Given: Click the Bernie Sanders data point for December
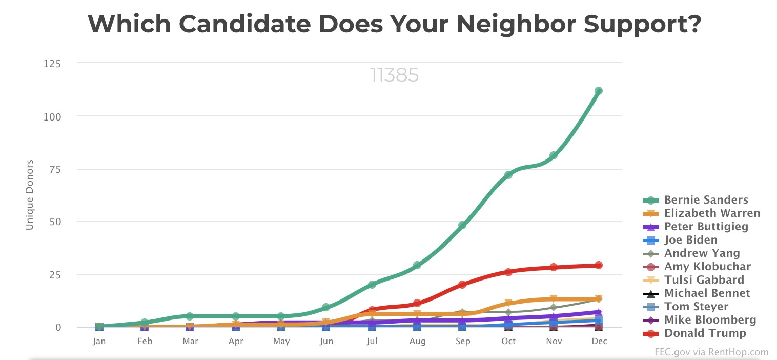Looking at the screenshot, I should tap(598, 91).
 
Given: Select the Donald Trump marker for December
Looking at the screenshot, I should tap(598, 265).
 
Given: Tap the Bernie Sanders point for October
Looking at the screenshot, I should tap(508, 175).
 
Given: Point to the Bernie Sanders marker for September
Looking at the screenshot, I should tap(462, 225).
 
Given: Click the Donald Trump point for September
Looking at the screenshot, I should tap(462, 284).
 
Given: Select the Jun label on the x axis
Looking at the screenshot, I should tap(326, 341).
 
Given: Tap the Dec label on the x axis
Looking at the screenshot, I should tap(598, 341).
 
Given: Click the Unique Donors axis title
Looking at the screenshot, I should tap(30, 195).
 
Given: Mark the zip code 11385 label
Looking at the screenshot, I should tap(394, 75).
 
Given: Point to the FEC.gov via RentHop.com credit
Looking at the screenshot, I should tap(711, 352).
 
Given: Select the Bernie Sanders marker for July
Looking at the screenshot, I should tap(372, 284).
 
